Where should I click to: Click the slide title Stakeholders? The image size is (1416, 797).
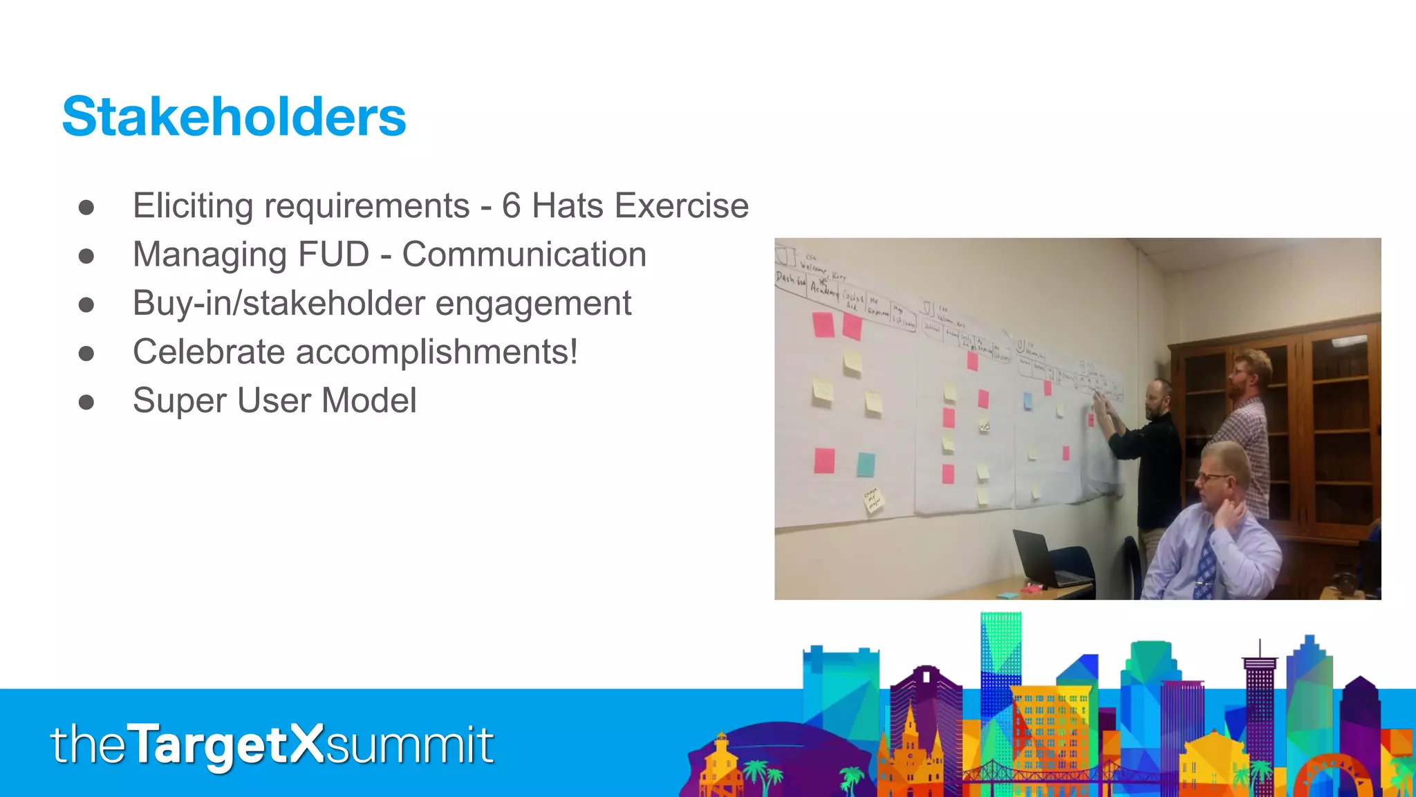[234, 116]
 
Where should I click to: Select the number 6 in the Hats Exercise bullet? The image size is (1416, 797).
[511, 206]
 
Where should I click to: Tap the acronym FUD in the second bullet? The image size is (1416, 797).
[334, 255]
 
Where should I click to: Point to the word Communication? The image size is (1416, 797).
[524, 255]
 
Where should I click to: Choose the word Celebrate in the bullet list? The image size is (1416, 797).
[208, 352]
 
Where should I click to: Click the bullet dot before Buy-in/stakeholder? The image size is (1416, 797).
[86, 304]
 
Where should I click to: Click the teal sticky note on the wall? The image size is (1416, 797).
[866, 464]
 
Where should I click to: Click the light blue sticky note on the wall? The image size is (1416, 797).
[1027, 401]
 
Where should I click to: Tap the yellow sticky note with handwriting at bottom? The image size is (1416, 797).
[873, 499]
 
